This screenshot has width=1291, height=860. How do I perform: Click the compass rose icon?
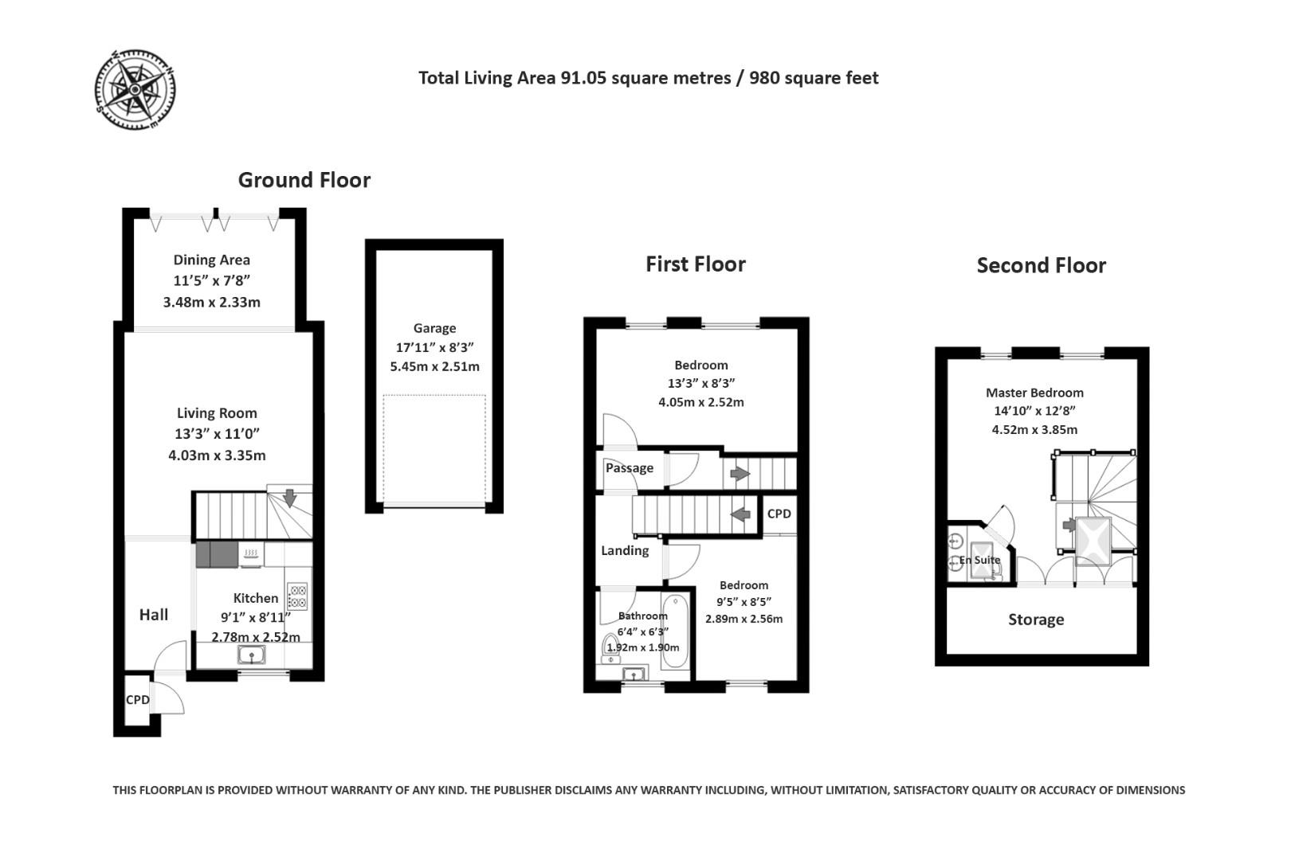tap(135, 89)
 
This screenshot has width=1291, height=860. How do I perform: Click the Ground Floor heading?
tap(304, 180)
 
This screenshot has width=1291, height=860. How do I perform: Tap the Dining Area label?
tap(211, 260)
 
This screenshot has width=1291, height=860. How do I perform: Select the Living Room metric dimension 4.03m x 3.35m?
tap(217, 455)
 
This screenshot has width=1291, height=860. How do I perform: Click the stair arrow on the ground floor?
tap(289, 498)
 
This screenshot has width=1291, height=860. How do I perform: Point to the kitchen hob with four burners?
tap(297, 596)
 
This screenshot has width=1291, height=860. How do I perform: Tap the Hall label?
tap(154, 615)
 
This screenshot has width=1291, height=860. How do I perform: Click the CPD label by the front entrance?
tap(138, 700)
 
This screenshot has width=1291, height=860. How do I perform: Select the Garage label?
tap(434, 328)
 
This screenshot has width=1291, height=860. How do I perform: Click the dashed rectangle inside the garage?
tap(434, 449)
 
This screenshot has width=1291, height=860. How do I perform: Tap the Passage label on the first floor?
tap(630, 468)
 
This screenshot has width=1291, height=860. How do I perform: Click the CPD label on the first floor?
tap(779, 514)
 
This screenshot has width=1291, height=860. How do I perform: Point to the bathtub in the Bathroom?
tap(673, 634)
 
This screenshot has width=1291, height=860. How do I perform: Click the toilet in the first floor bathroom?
tap(611, 646)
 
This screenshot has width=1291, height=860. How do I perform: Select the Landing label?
tap(625, 550)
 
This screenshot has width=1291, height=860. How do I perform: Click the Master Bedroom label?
tap(1034, 393)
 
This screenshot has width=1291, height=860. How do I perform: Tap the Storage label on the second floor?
tap(1036, 620)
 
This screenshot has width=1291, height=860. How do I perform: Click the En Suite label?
tap(980, 560)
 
